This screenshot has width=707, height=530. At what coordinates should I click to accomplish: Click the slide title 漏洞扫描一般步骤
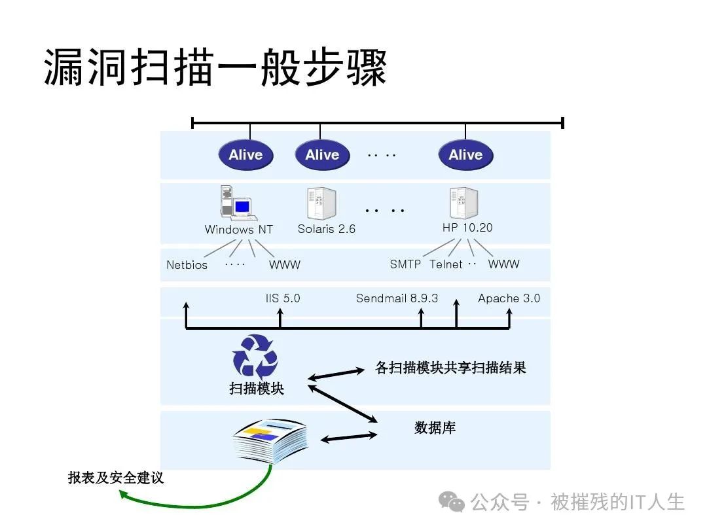click(x=215, y=67)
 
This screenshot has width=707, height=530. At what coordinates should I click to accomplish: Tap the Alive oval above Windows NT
click(x=245, y=155)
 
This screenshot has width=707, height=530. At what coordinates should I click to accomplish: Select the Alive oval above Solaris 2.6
click(x=322, y=155)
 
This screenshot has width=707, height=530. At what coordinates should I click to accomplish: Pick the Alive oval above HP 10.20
click(x=465, y=155)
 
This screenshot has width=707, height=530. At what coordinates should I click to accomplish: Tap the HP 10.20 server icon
click(x=463, y=203)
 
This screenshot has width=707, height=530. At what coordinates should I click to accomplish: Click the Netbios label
click(x=187, y=265)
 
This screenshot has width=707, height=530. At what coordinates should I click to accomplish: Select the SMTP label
click(x=405, y=264)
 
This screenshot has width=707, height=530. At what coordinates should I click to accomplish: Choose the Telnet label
click(x=446, y=264)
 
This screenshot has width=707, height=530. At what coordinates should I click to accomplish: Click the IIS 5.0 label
click(x=283, y=298)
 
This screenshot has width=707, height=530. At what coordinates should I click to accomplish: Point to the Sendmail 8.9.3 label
click(x=397, y=298)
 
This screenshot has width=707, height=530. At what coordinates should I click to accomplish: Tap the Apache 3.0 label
click(x=509, y=298)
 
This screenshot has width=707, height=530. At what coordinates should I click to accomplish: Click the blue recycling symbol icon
click(x=255, y=357)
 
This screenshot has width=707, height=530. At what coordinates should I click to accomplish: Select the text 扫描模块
click(x=257, y=388)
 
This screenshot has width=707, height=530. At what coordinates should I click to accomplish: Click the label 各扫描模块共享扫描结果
click(x=450, y=368)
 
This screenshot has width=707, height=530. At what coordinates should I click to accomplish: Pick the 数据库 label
click(x=435, y=428)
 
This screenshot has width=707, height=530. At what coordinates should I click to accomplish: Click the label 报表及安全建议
click(x=116, y=478)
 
